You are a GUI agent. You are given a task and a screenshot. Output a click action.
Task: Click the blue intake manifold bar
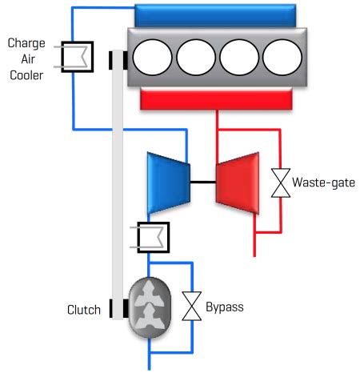tap(215, 15)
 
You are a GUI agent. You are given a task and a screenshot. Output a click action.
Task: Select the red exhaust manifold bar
tap(216, 99)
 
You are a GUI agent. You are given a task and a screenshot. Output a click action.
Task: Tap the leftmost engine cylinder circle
tap(152, 58)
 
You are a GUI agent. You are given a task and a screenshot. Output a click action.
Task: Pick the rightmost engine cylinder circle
tap(282, 58)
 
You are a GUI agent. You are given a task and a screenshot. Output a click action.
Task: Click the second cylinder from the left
tap(196, 58)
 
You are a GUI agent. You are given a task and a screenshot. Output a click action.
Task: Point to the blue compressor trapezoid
tap(169, 183)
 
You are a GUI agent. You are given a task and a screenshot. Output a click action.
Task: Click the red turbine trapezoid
tap(238, 183)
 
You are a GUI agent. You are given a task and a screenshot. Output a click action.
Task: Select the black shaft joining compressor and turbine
tap(203, 182)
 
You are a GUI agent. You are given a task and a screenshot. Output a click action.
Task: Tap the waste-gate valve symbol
tap(281, 183)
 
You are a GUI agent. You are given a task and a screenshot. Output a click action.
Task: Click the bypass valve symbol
tap(192, 306)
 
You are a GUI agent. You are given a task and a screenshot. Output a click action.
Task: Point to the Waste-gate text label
tap(323, 182)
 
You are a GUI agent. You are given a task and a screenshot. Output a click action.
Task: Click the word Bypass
tap(225, 307)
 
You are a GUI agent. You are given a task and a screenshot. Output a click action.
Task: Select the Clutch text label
tap(84, 310)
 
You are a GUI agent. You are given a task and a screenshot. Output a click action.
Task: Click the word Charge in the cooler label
tap(26, 43)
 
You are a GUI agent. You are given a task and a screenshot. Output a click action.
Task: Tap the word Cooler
tap(26, 75)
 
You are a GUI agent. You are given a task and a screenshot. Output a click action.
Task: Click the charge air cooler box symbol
tap(78, 57)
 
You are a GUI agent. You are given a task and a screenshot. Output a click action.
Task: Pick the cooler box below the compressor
tap(154, 237)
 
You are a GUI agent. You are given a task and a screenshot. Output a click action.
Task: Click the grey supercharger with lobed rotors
tap(150, 307)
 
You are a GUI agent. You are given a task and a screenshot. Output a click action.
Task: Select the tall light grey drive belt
tap(118, 184)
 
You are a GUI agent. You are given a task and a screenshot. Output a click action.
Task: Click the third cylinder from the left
tap(239, 58)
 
